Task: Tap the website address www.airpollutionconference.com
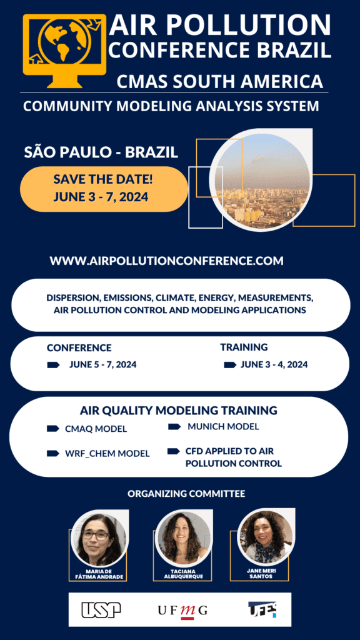pyautogui.click(x=166, y=261)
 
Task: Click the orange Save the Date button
pyautogui.click(x=104, y=189)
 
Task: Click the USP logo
pyautogui.click(x=101, y=610)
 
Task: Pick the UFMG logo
pyautogui.click(x=182, y=611)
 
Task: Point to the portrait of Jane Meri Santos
pyautogui.click(x=265, y=537)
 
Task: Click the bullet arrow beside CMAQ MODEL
pyautogui.click(x=53, y=429)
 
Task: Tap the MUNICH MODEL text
pyautogui.click(x=223, y=426)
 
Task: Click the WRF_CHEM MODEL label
pyautogui.click(x=107, y=454)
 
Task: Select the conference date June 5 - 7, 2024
pyautogui.click(x=103, y=364)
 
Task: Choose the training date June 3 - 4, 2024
pyautogui.click(x=274, y=364)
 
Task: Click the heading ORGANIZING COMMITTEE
pyautogui.click(x=186, y=494)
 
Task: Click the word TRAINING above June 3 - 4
pyautogui.click(x=244, y=347)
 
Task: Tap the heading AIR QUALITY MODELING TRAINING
pyautogui.click(x=179, y=410)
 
